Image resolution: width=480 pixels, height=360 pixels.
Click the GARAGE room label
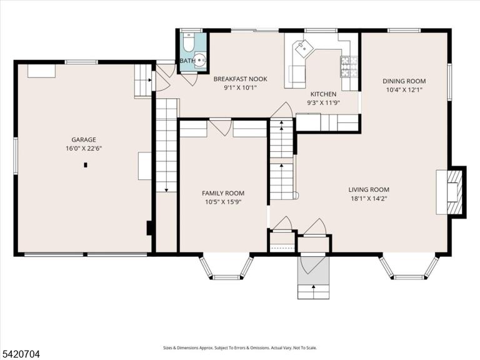click(x=84, y=139)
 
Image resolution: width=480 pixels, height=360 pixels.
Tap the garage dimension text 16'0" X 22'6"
click(x=84, y=149)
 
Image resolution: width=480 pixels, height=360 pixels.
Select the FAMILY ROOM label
click(x=223, y=193)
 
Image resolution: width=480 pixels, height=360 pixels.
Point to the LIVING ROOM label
click(x=369, y=190)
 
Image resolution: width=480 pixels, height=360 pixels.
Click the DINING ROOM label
click(x=404, y=81)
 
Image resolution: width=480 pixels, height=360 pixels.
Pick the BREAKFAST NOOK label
click(x=240, y=79)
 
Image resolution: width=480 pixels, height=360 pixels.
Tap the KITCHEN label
click(x=323, y=94)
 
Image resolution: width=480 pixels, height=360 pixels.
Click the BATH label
click(x=187, y=61)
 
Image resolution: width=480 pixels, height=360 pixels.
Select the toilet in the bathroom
click(x=188, y=42)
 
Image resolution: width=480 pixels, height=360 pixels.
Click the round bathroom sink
click(x=200, y=60)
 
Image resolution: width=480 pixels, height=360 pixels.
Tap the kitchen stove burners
click(x=349, y=66)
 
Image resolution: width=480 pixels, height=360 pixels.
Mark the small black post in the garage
click(x=86, y=165)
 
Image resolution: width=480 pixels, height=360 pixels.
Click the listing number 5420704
click(x=20, y=354)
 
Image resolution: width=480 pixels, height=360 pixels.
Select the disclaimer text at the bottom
click(x=240, y=347)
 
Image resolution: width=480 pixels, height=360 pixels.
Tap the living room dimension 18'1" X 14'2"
click(x=369, y=199)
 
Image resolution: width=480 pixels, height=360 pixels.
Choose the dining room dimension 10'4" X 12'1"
click(x=404, y=90)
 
